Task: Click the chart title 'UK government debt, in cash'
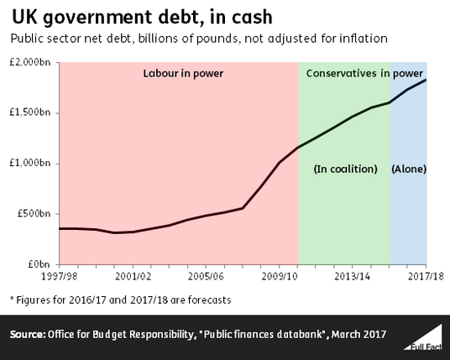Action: [x=142, y=18]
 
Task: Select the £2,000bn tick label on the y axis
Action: [x=30, y=62]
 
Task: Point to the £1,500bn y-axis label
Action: [x=30, y=112]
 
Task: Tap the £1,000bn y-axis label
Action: [x=30, y=163]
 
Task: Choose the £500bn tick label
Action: [x=34, y=213]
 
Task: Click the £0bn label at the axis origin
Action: [x=39, y=263]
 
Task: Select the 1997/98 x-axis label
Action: [x=60, y=276]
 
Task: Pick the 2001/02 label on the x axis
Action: [x=133, y=276]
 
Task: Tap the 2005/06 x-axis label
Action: [x=206, y=276]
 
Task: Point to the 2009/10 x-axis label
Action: [x=280, y=276]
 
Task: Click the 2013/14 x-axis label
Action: [x=353, y=276]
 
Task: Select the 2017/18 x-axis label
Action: [x=426, y=276]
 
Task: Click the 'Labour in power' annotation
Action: [x=183, y=74]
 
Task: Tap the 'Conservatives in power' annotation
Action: [x=364, y=74]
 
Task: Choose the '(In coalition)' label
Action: [x=346, y=169]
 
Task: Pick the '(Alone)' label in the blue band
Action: [x=409, y=169]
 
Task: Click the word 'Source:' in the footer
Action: [x=28, y=335]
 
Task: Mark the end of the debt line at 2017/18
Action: [x=426, y=80]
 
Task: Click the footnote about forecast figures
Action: [x=121, y=300]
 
